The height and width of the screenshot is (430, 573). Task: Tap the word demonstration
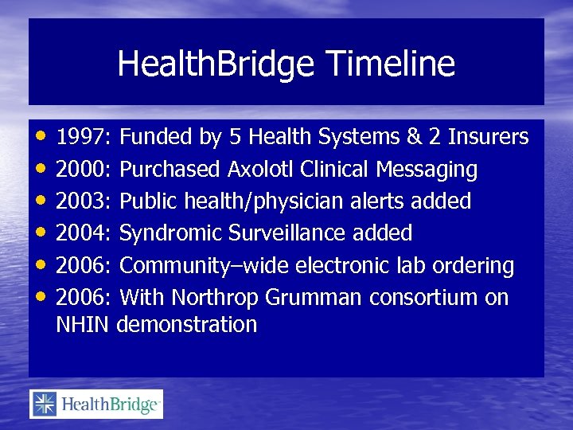pos(187,325)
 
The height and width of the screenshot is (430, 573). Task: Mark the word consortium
pos(433,298)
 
